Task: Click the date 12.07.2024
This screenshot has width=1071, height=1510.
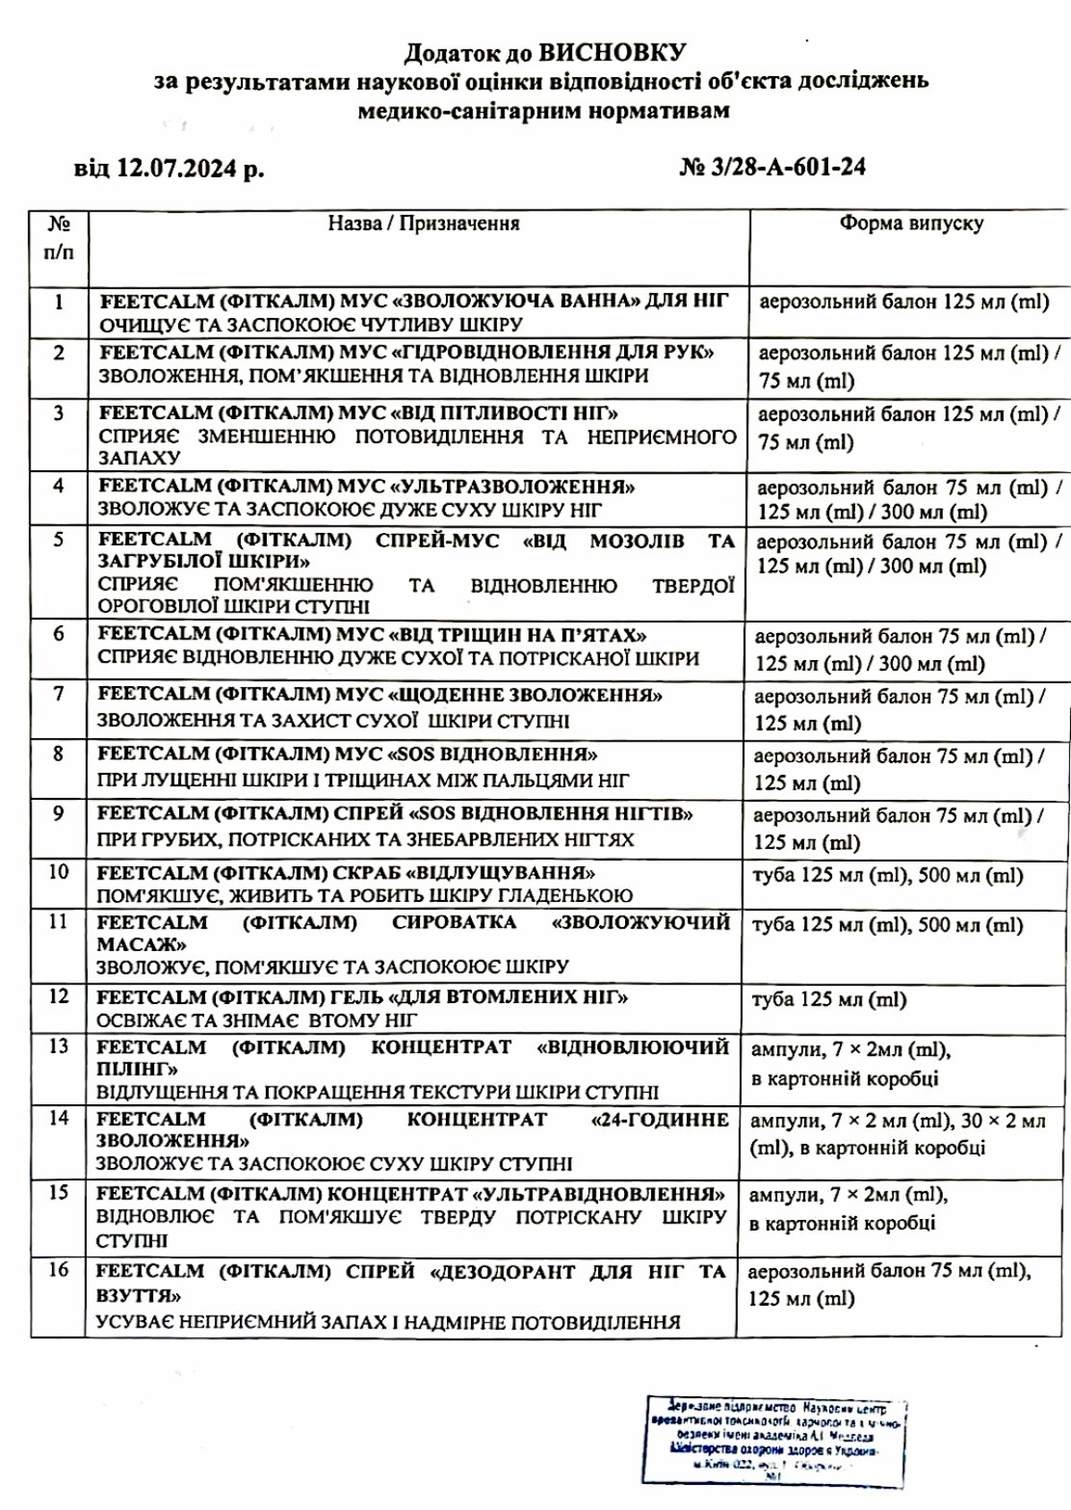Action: point(178,168)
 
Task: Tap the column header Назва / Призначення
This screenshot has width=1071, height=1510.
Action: point(423,224)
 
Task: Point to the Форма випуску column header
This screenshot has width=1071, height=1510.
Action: point(910,224)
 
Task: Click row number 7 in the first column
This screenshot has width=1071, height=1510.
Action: point(58,694)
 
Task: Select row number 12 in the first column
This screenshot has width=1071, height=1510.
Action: point(58,996)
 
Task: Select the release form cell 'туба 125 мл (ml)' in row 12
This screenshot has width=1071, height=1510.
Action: point(829,1000)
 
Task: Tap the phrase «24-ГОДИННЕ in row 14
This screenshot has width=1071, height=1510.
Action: point(660,1120)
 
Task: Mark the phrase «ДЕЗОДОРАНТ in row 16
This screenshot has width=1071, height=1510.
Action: point(501,1272)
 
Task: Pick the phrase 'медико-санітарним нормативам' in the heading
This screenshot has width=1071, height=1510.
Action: point(544,111)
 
